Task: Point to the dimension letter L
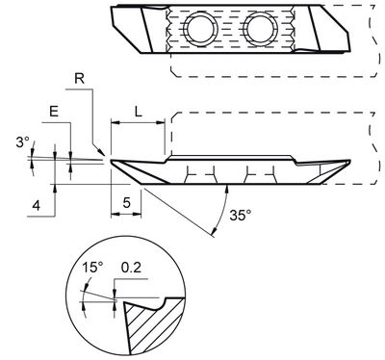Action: point(139,112)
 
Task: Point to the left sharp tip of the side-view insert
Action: point(112,161)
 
